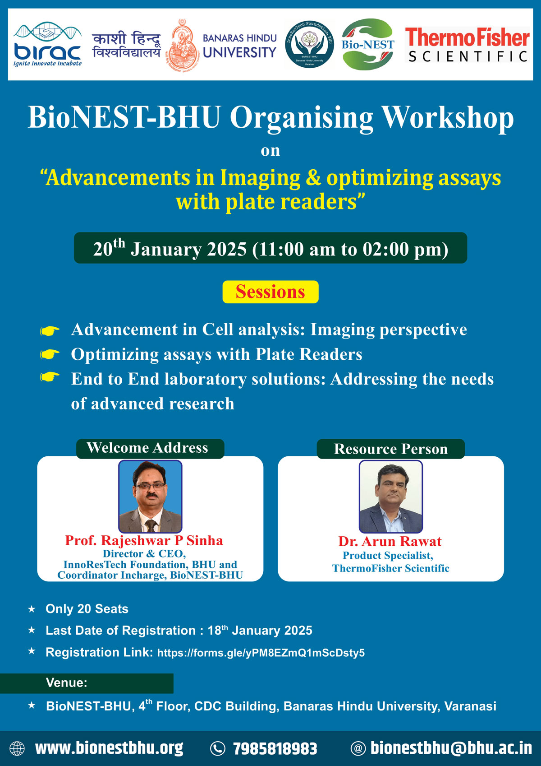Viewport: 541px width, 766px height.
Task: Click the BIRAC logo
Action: click(x=47, y=44)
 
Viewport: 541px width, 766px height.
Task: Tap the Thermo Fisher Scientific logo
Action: click(x=467, y=45)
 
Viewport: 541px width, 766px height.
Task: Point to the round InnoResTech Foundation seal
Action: click(x=309, y=44)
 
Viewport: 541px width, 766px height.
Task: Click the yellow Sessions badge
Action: click(x=270, y=292)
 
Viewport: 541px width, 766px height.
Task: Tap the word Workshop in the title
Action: click(x=447, y=118)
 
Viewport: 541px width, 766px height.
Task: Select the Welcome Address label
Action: click(x=147, y=448)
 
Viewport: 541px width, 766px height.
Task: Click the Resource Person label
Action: click(x=391, y=449)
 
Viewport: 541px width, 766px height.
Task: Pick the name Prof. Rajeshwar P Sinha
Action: click(x=144, y=540)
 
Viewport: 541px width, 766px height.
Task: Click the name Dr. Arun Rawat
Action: click(x=390, y=541)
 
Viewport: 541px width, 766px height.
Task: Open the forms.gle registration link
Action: click(x=261, y=652)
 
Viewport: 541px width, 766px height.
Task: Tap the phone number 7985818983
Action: click(x=275, y=748)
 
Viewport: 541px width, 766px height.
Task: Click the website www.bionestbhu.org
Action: click(x=109, y=748)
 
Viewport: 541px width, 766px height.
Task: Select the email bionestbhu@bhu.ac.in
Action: click(x=451, y=748)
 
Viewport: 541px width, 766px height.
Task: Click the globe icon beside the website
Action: click(x=17, y=748)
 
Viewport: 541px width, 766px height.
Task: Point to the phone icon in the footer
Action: click(x=218, y=748)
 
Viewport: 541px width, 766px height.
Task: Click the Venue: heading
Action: click(x=67, y=682)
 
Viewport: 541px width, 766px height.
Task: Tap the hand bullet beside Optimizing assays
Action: click(x=50, y=354)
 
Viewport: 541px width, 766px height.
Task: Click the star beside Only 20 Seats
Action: click(x=32, y=609)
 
